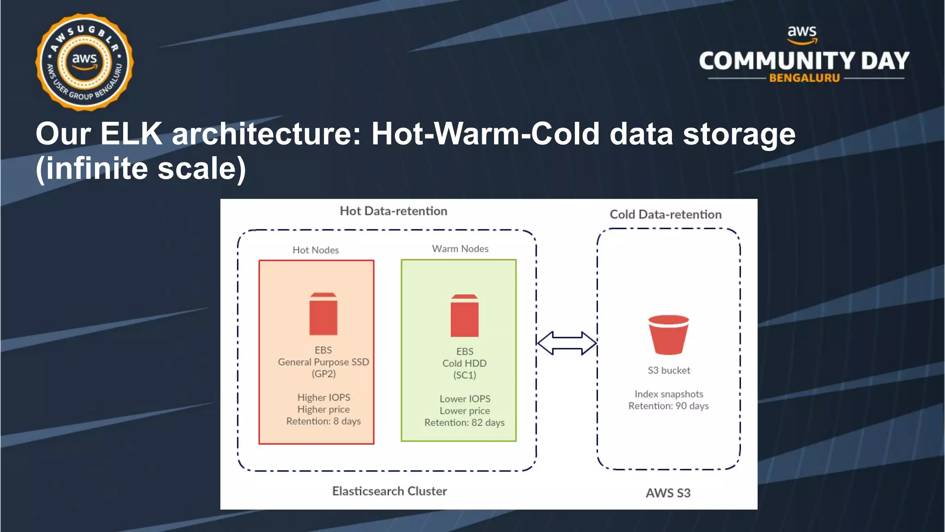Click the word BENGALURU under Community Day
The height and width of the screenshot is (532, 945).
[804, 78]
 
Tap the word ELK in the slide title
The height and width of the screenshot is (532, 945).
[131, 134]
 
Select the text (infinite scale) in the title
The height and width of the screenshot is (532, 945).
[141, 169]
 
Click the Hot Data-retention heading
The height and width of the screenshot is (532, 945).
[393, 211]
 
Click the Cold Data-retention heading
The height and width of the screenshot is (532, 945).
[665, 214]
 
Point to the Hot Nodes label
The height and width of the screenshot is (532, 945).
[316, 250]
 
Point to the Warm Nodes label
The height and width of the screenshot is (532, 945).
[460, 248]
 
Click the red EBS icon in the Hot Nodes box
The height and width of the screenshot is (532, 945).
[323, 314]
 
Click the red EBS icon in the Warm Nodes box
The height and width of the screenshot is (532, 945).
[464, 316]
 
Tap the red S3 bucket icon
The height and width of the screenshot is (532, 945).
[668, 335]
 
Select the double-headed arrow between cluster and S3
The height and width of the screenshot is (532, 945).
[567, 343]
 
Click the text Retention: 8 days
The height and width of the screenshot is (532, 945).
[323, 421]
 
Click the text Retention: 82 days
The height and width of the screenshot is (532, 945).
[464, 423]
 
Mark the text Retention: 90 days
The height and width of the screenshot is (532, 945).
[668, 406]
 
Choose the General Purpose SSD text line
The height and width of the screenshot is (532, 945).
[323, 362]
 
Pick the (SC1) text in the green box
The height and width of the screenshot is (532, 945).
[464, 375]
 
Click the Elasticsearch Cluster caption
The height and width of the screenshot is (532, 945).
[389, 491]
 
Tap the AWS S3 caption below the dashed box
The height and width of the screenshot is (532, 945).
[668, 493]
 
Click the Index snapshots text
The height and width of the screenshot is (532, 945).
[669, 394]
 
